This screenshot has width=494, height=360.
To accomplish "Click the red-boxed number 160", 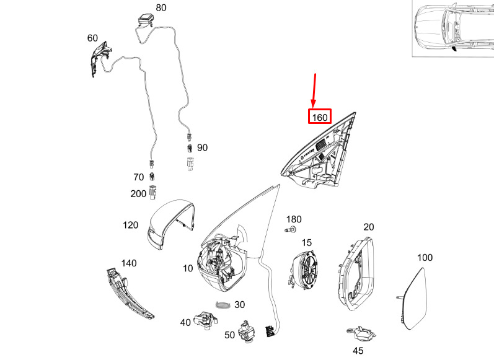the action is point(320,116).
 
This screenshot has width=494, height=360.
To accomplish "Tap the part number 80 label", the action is point(161,8).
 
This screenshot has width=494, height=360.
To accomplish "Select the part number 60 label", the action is point(92,38).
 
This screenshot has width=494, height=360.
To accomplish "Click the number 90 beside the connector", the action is point(202,148).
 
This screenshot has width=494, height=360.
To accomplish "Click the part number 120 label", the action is point(130,225).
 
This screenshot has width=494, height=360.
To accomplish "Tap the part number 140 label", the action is point(128,263).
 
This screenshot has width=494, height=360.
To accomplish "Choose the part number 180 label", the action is point(293,219).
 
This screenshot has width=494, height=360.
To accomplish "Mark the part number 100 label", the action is point(425,257).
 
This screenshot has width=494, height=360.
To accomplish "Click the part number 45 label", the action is point(358,351).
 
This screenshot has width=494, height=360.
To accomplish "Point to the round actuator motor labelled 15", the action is point(306,270).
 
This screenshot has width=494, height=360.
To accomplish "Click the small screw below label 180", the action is point(289,230).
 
